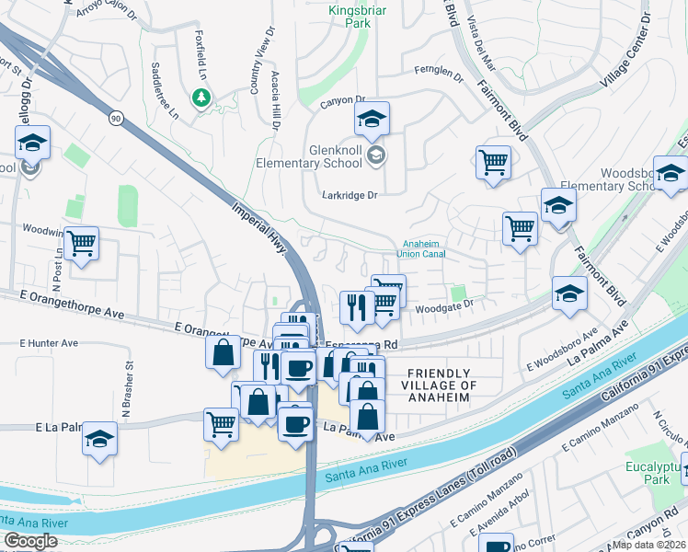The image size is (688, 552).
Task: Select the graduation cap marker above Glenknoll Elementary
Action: pos(372,119)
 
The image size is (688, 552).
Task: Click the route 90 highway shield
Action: pos(115,118)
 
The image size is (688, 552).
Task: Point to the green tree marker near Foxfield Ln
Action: pos(201,97)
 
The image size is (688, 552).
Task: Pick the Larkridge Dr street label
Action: pos(350,195)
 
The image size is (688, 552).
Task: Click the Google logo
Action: pos(31,541)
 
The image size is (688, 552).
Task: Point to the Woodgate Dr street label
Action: pos(446,305)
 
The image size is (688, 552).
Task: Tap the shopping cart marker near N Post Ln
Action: pos(81,244)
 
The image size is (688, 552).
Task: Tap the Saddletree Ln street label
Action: pos(164,90)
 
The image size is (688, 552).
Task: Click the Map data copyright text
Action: pos(649,545)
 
